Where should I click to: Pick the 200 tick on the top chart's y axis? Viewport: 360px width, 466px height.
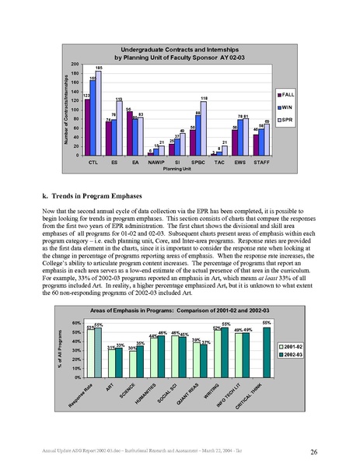pos(74,64)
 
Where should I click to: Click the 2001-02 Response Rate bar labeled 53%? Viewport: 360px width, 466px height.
pos(91,352)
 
